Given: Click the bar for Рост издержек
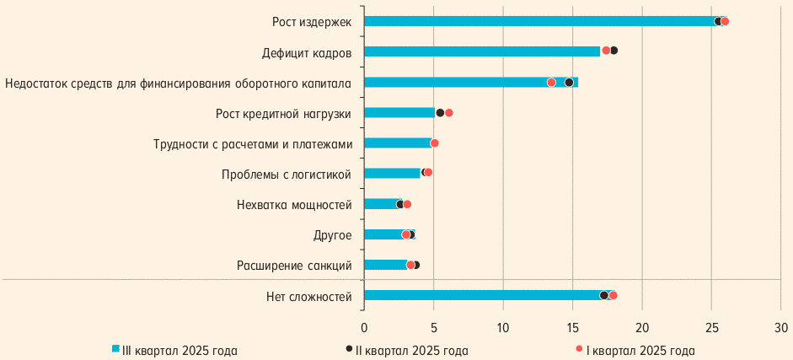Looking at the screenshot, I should [x=539, y=21].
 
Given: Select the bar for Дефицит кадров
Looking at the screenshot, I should [x=482, y=51].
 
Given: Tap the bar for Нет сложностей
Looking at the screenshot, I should [x=485, y=295].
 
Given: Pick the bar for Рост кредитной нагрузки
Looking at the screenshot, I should [x=399, y=112].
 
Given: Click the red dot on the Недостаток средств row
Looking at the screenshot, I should [x=551, y=83].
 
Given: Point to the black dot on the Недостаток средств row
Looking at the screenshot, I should [x=569, y=83].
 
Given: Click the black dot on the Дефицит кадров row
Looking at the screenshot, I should [x=614, y=51].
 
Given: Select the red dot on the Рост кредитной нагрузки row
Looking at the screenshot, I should [x=448, y=113].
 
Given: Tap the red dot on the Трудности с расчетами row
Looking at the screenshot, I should [x=435, y=143].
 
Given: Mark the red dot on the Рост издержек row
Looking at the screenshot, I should [x=725, y=21].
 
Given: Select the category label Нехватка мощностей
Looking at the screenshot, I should [x=294, y=205].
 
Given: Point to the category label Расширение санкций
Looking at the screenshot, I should [x=294, y=266].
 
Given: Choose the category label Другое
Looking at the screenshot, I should [x=333, y=235].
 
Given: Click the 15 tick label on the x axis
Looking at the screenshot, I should [x=572, y=327].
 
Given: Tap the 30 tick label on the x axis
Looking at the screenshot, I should [x=780, y=327].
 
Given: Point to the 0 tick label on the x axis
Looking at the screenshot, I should [x=364, y=327].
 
